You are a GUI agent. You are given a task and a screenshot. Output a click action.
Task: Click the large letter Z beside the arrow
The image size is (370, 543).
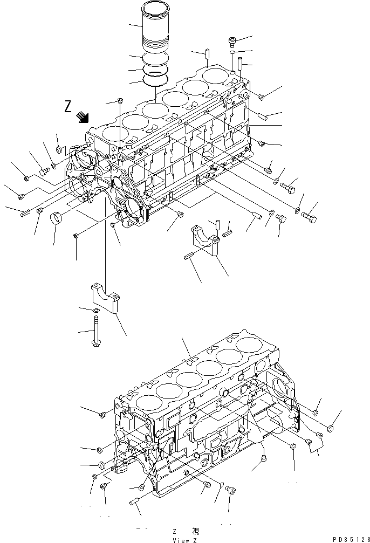(68, 106)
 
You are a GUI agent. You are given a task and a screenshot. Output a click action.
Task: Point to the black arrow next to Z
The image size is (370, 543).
(83, 117)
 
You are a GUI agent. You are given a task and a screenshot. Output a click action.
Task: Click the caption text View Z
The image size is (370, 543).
(184, 539)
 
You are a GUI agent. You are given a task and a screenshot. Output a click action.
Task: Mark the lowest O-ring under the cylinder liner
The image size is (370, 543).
(156, 80)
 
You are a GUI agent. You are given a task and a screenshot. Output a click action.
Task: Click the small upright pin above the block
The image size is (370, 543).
(207, 55)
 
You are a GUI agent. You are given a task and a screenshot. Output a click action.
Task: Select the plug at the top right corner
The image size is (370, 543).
(232, 41)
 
